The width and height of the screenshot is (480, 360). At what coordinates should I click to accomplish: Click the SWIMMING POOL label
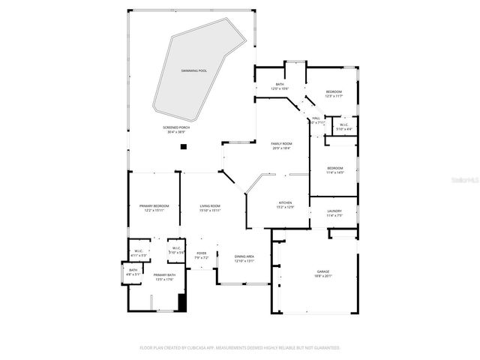193,70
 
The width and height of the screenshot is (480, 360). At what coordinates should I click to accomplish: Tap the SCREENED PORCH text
176,127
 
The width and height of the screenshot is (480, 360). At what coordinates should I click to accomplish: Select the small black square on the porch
182,146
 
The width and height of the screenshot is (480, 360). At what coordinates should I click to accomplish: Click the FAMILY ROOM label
280,143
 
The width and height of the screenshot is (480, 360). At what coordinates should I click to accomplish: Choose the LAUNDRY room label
334,211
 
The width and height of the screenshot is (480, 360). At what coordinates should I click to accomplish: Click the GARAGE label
323,271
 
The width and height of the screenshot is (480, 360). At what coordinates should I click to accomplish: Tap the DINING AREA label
244,256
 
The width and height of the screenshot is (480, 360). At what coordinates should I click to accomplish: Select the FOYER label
202,253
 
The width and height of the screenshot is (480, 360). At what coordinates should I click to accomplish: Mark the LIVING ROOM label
210,205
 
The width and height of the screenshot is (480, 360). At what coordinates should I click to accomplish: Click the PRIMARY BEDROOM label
154,205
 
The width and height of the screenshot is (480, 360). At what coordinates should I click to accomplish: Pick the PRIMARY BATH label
164,275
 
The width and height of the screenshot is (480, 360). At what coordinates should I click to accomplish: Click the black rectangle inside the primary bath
181,302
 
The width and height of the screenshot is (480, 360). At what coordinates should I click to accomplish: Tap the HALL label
316,118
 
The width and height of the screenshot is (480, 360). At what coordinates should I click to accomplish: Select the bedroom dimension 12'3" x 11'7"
334,96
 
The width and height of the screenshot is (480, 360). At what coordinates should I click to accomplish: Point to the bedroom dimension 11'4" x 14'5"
334,172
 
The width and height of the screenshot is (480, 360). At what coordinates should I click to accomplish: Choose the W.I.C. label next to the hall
343,125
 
